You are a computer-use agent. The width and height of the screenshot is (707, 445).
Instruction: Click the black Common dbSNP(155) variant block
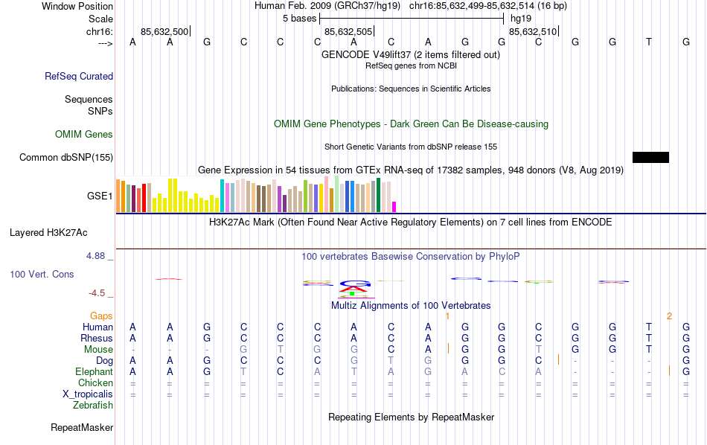(x=650, y=157)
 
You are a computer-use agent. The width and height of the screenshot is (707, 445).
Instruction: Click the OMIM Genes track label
(x=84, y=135)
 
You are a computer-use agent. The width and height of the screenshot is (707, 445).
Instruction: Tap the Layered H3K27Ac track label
(x=61, y=232)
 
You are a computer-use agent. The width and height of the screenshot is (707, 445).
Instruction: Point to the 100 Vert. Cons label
(x=42, y=275)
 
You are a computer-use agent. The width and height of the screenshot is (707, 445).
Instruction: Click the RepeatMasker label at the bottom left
(x=82, y=428)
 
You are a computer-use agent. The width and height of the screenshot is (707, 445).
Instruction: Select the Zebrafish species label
(x=93, y=406)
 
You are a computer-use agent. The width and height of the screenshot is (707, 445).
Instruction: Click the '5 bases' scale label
(x=299, y=18)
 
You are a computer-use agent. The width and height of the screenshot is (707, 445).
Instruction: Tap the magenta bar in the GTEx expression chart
(x=394, y=207)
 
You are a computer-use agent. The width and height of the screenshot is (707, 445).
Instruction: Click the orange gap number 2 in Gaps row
(x=669, y=316)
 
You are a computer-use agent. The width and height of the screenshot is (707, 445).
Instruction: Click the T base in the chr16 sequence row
(x=649, y=42)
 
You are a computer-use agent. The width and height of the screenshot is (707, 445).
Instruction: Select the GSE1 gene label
(x=100, y=196)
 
